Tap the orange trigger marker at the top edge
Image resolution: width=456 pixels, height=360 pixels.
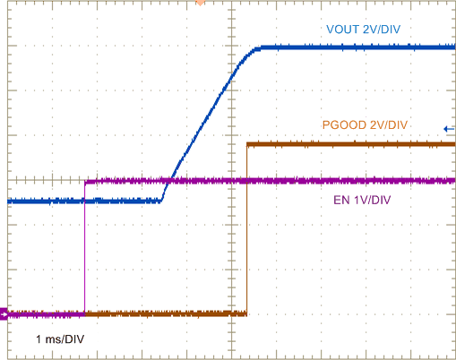200,3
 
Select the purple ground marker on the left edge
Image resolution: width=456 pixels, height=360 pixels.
4,313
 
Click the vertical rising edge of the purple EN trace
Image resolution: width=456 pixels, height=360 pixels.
84,251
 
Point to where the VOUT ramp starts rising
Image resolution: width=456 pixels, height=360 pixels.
163,201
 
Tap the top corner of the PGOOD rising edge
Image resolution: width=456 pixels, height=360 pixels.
247,143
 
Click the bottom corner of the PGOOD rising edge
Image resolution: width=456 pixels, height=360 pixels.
246,313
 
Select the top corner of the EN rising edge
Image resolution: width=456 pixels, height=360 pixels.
85,182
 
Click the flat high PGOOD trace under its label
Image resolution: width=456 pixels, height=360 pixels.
358,143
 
